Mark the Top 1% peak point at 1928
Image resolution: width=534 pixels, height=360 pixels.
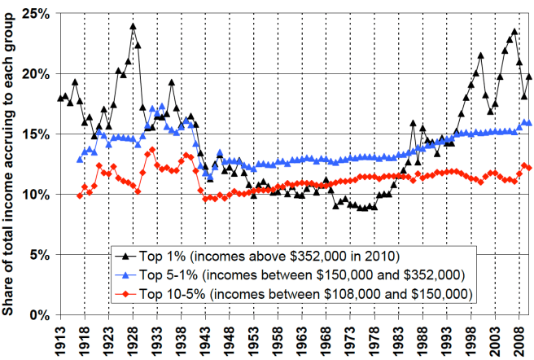click(x=133, y=26)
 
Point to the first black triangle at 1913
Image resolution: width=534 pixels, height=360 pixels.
click(x=60, y=99)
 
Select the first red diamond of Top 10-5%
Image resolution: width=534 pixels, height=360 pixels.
click(x=79, y=195)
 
